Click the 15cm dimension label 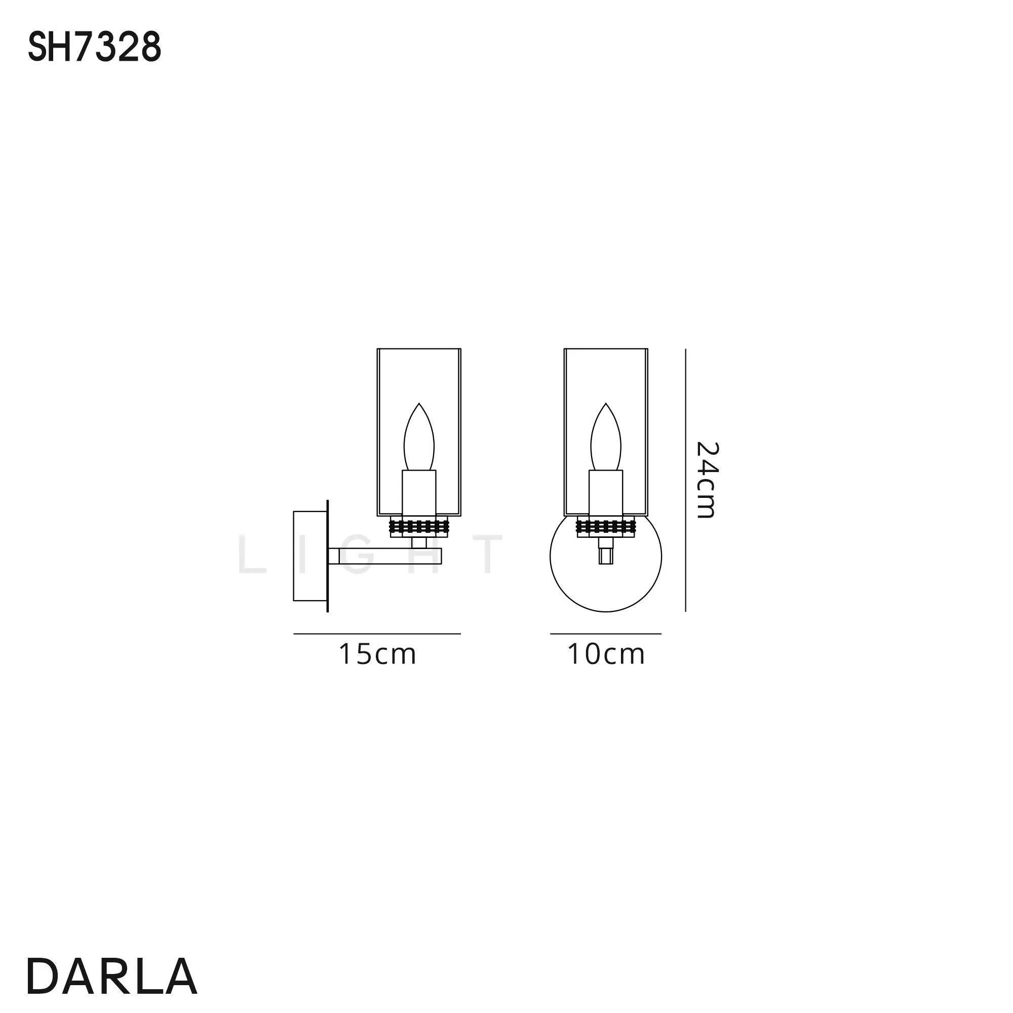coord(377,654)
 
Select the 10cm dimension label coord(606,654)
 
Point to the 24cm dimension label coord(706,479)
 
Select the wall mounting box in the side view coord(309,556)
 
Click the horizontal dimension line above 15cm coord(377,634)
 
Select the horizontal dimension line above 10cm coord(606,634)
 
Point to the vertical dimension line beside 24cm coord(686,480)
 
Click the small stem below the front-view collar coord(606,553)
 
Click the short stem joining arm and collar coord(418,542)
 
